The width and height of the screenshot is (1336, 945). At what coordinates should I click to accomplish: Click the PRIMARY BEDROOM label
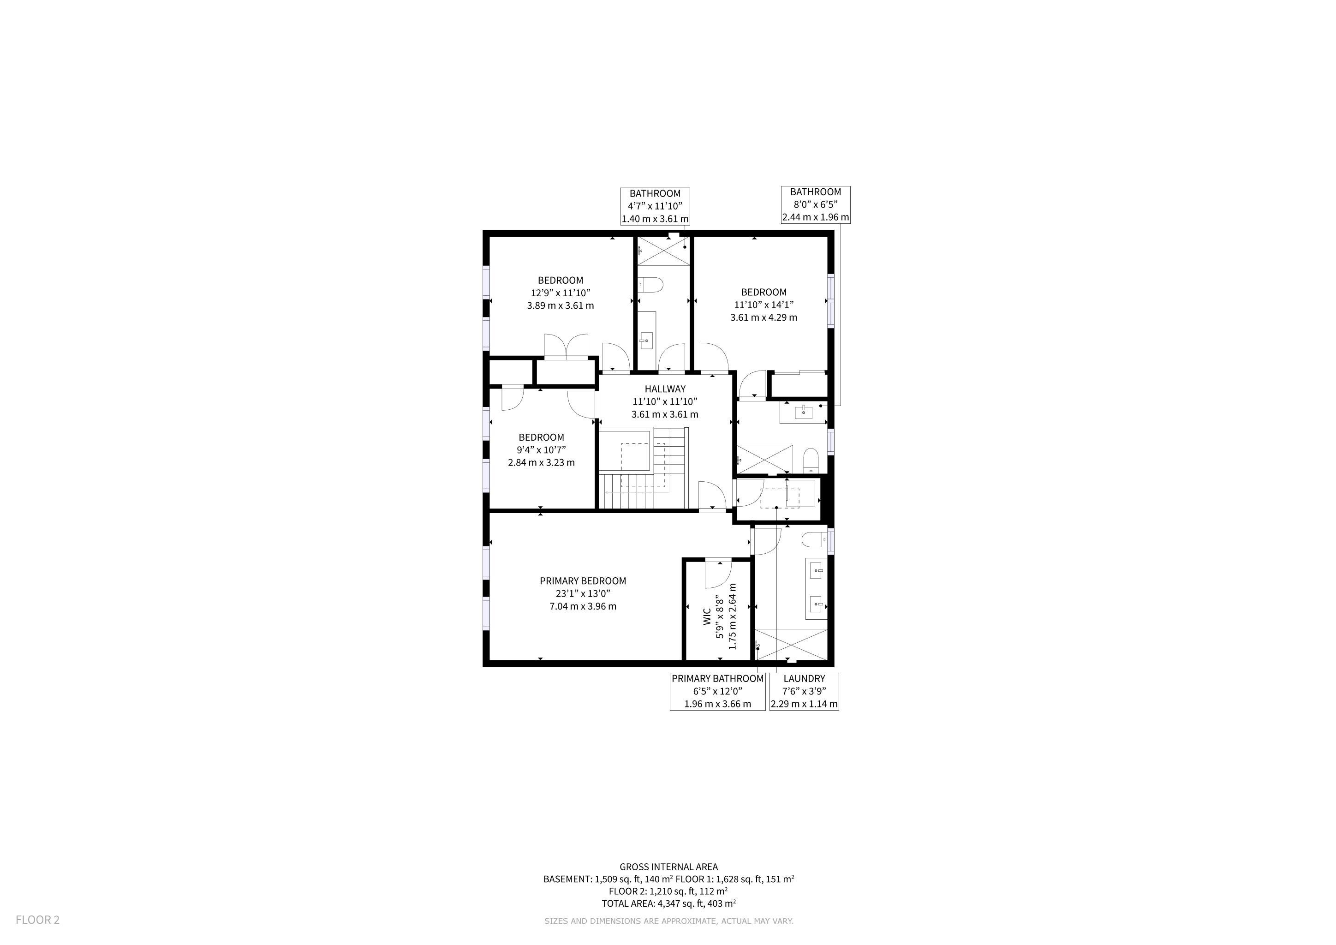[583, 581]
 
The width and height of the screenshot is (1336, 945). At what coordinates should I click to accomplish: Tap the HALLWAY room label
[665, 389]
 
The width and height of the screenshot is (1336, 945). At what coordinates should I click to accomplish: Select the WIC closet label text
[706, 617]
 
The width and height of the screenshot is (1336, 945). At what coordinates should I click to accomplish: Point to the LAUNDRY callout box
[804, 691]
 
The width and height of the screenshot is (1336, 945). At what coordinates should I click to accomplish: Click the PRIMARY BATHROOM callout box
[717, 691]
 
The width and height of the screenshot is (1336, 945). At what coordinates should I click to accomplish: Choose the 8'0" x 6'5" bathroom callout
[815, 204]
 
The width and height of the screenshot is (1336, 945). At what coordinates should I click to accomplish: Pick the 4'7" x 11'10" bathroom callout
[655, 206]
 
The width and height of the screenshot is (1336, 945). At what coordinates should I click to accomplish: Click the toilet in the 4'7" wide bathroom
[650, 285]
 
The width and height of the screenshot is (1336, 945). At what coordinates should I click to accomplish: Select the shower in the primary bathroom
[791, 644]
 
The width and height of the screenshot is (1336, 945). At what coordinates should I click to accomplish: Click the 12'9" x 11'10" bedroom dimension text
[561, 293]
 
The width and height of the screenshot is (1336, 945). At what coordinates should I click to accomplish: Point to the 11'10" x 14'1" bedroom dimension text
[763, 305]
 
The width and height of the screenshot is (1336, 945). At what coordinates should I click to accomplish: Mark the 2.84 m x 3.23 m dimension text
[541, 463]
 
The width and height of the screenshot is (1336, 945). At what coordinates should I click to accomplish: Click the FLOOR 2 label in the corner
[37, 920]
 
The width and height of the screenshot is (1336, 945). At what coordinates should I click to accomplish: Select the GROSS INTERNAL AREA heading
[668, 867]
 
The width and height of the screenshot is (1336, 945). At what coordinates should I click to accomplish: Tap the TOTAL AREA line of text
[668, 903]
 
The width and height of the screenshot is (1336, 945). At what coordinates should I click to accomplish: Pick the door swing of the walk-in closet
[716, 575]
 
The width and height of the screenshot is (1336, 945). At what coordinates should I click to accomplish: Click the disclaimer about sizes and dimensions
[668, 921]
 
